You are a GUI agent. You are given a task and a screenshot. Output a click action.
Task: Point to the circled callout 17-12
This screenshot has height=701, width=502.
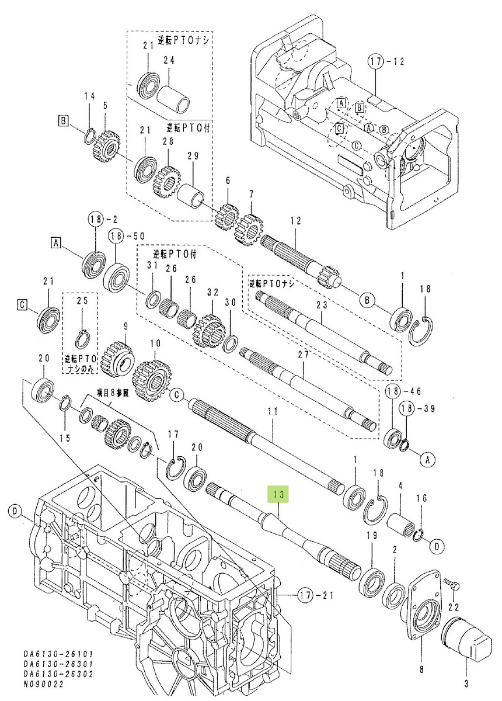tap(377, 61)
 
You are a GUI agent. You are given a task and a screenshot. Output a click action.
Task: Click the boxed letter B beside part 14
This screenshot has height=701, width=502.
tap(62, 121)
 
